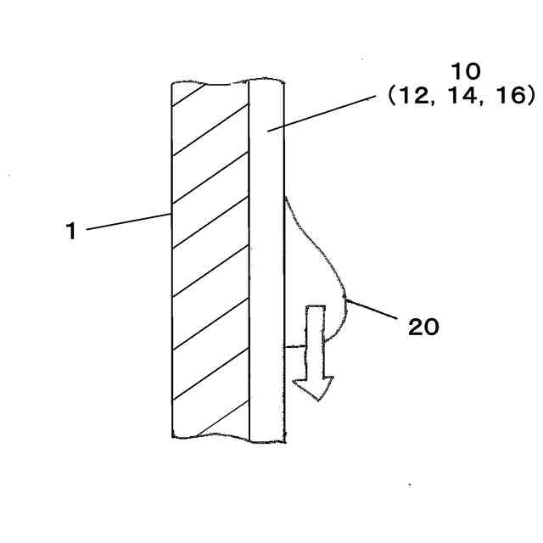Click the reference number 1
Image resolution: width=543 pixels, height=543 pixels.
(73, 231)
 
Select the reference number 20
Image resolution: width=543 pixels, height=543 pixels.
(424, 327)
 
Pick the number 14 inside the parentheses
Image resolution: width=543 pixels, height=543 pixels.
(462, 97)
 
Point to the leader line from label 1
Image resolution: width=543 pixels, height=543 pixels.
(127, 221)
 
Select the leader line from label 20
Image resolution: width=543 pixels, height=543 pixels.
(373, 309)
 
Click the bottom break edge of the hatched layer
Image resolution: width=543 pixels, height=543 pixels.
(210, 438)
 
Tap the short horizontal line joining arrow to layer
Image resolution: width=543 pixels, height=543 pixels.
(294, 346)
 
